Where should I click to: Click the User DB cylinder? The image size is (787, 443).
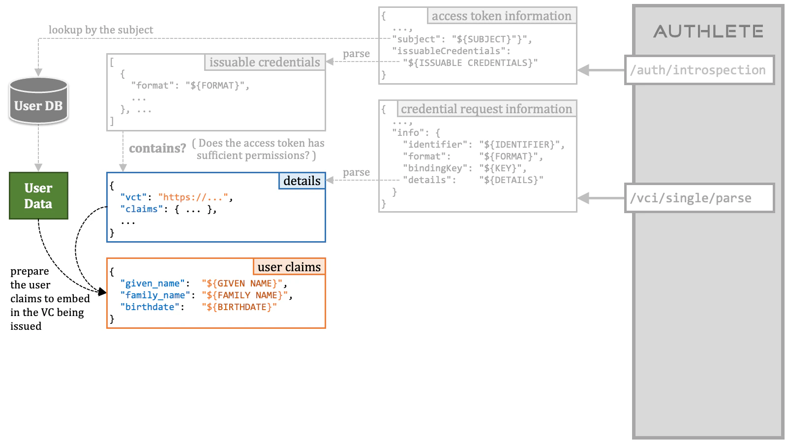38,101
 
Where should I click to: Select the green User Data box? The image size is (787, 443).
38,195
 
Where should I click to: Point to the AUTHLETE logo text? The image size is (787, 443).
708,32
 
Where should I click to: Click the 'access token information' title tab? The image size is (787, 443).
501,16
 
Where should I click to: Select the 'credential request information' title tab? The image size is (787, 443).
486,109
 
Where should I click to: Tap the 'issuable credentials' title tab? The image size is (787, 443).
265,62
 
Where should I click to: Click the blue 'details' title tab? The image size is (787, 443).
302,181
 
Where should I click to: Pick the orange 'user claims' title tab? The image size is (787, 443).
289,267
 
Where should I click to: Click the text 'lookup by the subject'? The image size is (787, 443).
101,30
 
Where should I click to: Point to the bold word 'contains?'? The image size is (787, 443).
157,148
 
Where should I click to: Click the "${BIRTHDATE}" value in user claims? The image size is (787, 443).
239,307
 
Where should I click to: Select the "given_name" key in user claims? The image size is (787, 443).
152,284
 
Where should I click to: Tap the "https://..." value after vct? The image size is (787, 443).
193,197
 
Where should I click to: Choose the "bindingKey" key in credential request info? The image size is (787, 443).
435,168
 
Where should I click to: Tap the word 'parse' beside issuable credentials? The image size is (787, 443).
356,54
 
